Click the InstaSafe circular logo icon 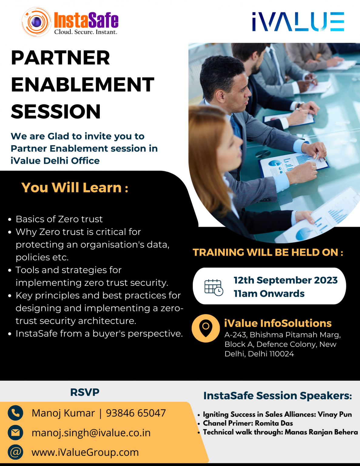point(36,22)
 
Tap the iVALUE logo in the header point(298,22)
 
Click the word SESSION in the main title point(56,111)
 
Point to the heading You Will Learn point(75,187)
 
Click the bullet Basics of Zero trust point(59,219)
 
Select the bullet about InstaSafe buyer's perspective point(99,333)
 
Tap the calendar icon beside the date point(214,287)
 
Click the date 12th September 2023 point(285,280)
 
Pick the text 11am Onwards point(269,293)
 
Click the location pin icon point(206,328)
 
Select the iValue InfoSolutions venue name point(278,323)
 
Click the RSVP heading point(85,392)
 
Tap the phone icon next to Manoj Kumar point(15,413)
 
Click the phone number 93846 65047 point(136,413)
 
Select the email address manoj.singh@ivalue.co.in point(91,433)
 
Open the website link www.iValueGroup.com point(85,452)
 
